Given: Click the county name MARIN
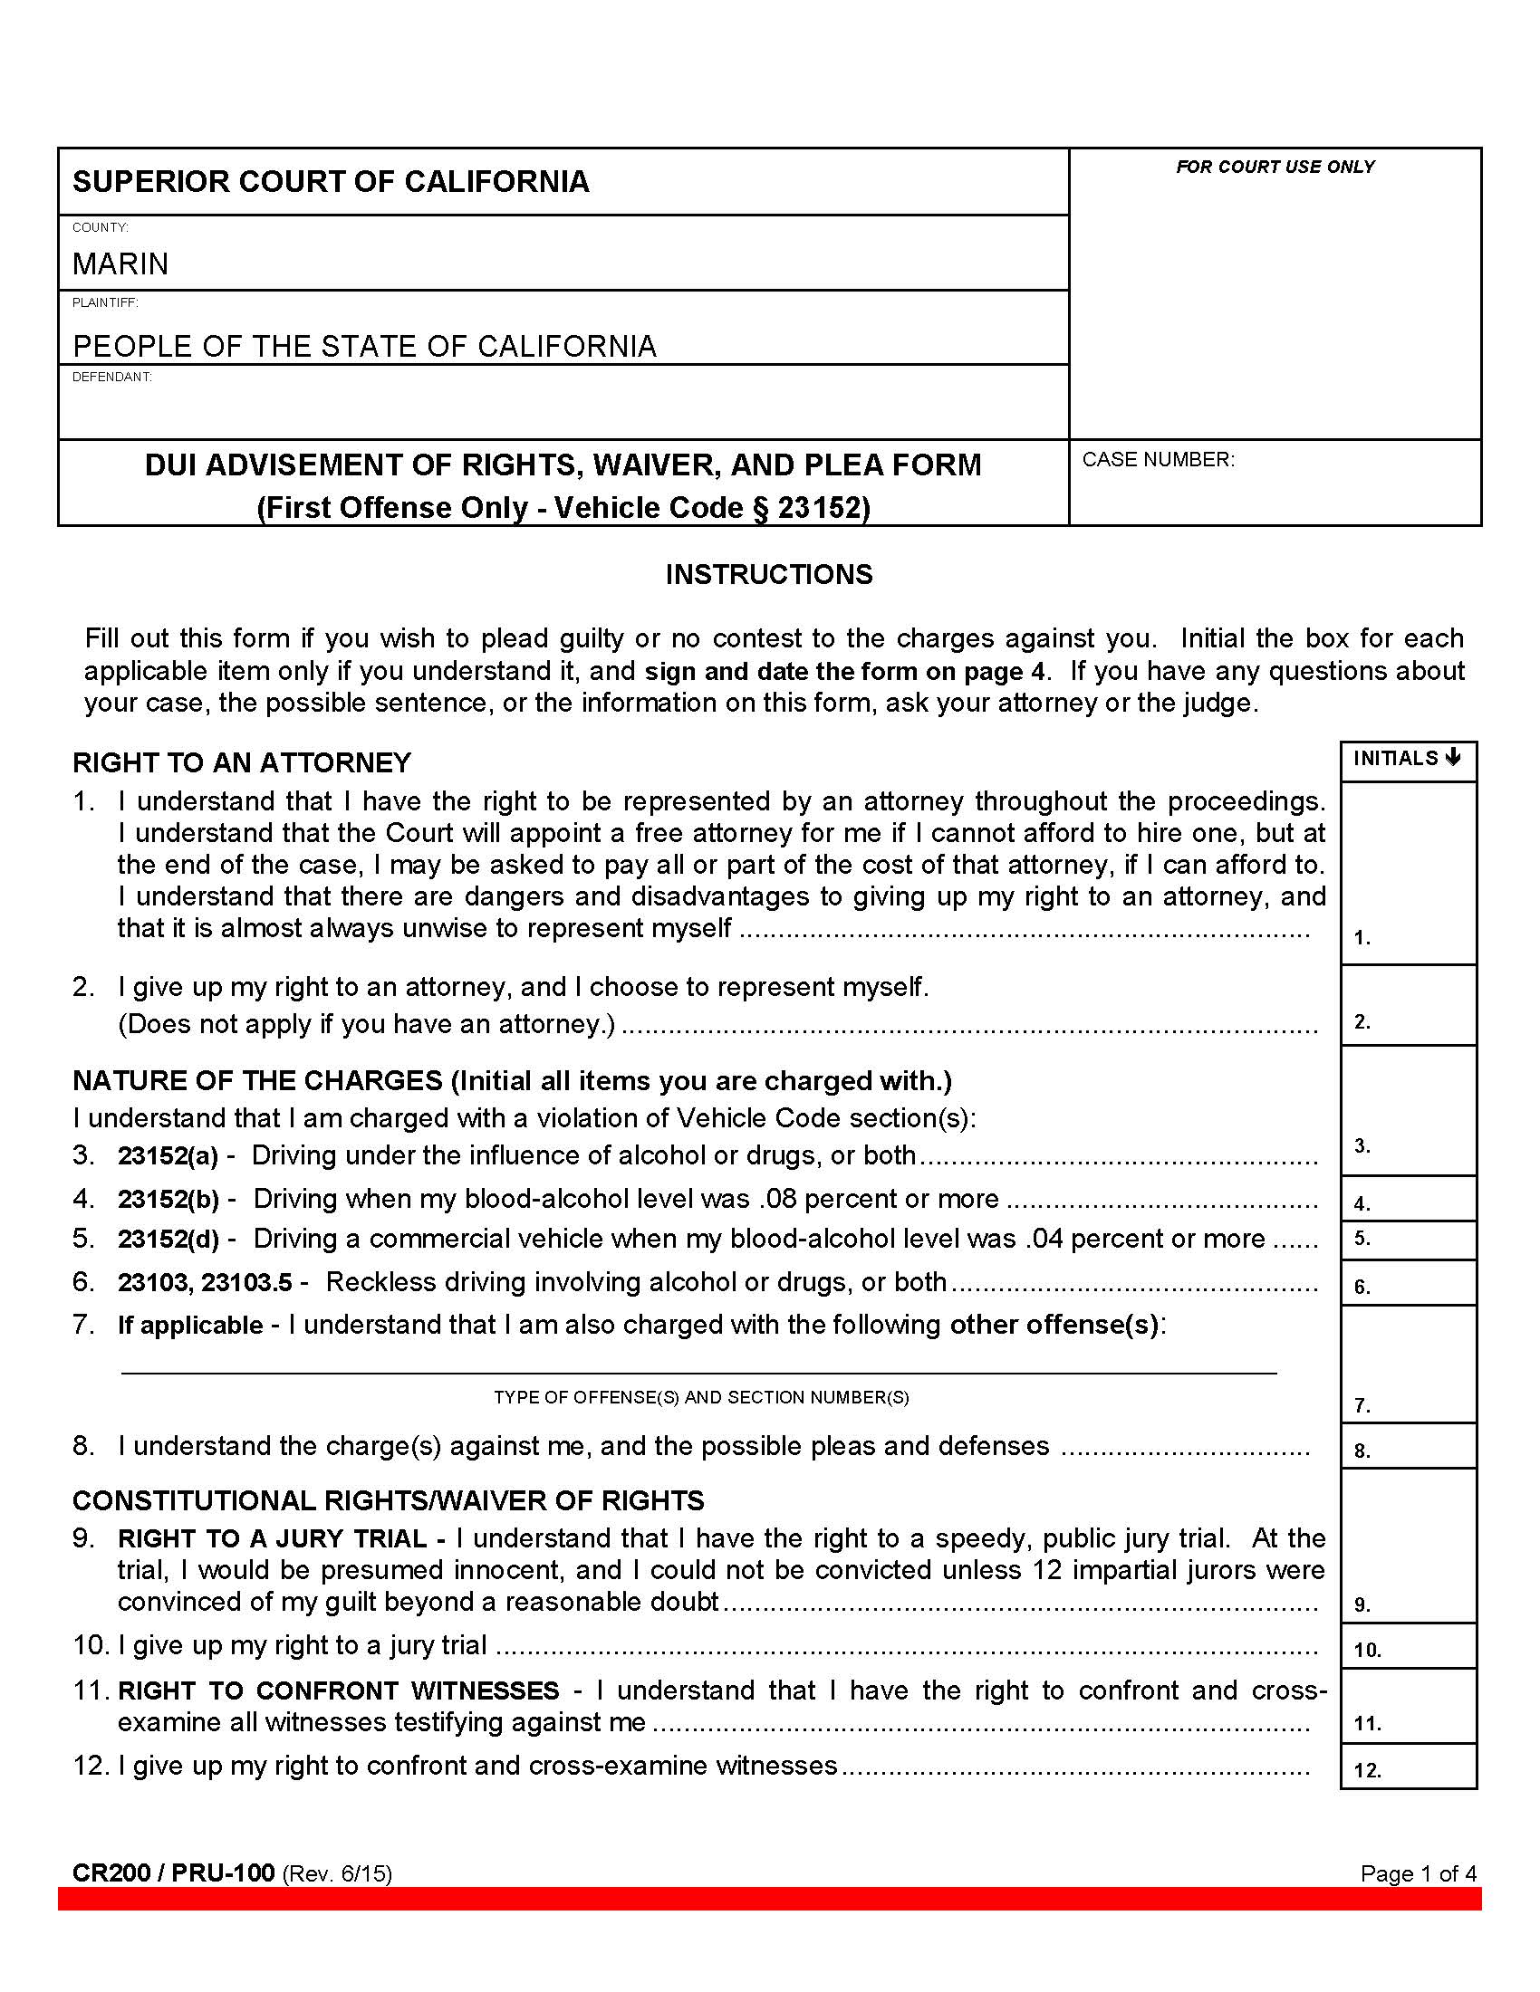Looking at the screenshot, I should (120, 264).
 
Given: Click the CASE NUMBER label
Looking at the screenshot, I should (1158, 460).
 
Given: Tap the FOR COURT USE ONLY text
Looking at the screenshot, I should (1275, 167).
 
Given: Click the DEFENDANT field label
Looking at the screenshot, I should (111, 377).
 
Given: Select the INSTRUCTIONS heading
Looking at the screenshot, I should (768, 575).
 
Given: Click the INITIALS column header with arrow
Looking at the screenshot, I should (1407, 759).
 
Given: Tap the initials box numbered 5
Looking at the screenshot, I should (1409, 1240).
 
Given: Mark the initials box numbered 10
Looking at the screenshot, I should (1409, 1646).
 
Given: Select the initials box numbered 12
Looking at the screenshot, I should (1409, 1767).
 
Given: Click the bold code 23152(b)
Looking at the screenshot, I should (168, 1200).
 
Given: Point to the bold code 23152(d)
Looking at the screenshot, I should (168, 1240).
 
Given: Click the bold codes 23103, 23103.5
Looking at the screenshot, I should (206, 1283).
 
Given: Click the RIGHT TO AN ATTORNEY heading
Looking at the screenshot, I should (242, 762).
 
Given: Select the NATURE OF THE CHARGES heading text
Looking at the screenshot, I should (257, 1081).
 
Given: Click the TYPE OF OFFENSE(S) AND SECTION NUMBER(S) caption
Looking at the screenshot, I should (700, 1397).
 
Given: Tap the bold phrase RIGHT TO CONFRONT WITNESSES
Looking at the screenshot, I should (339, 1691).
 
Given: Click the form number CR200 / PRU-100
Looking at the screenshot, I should (173, 1872).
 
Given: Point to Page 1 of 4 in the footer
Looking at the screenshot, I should (1418, 1873).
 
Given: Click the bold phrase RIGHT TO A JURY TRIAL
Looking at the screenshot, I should (272, 1538).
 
